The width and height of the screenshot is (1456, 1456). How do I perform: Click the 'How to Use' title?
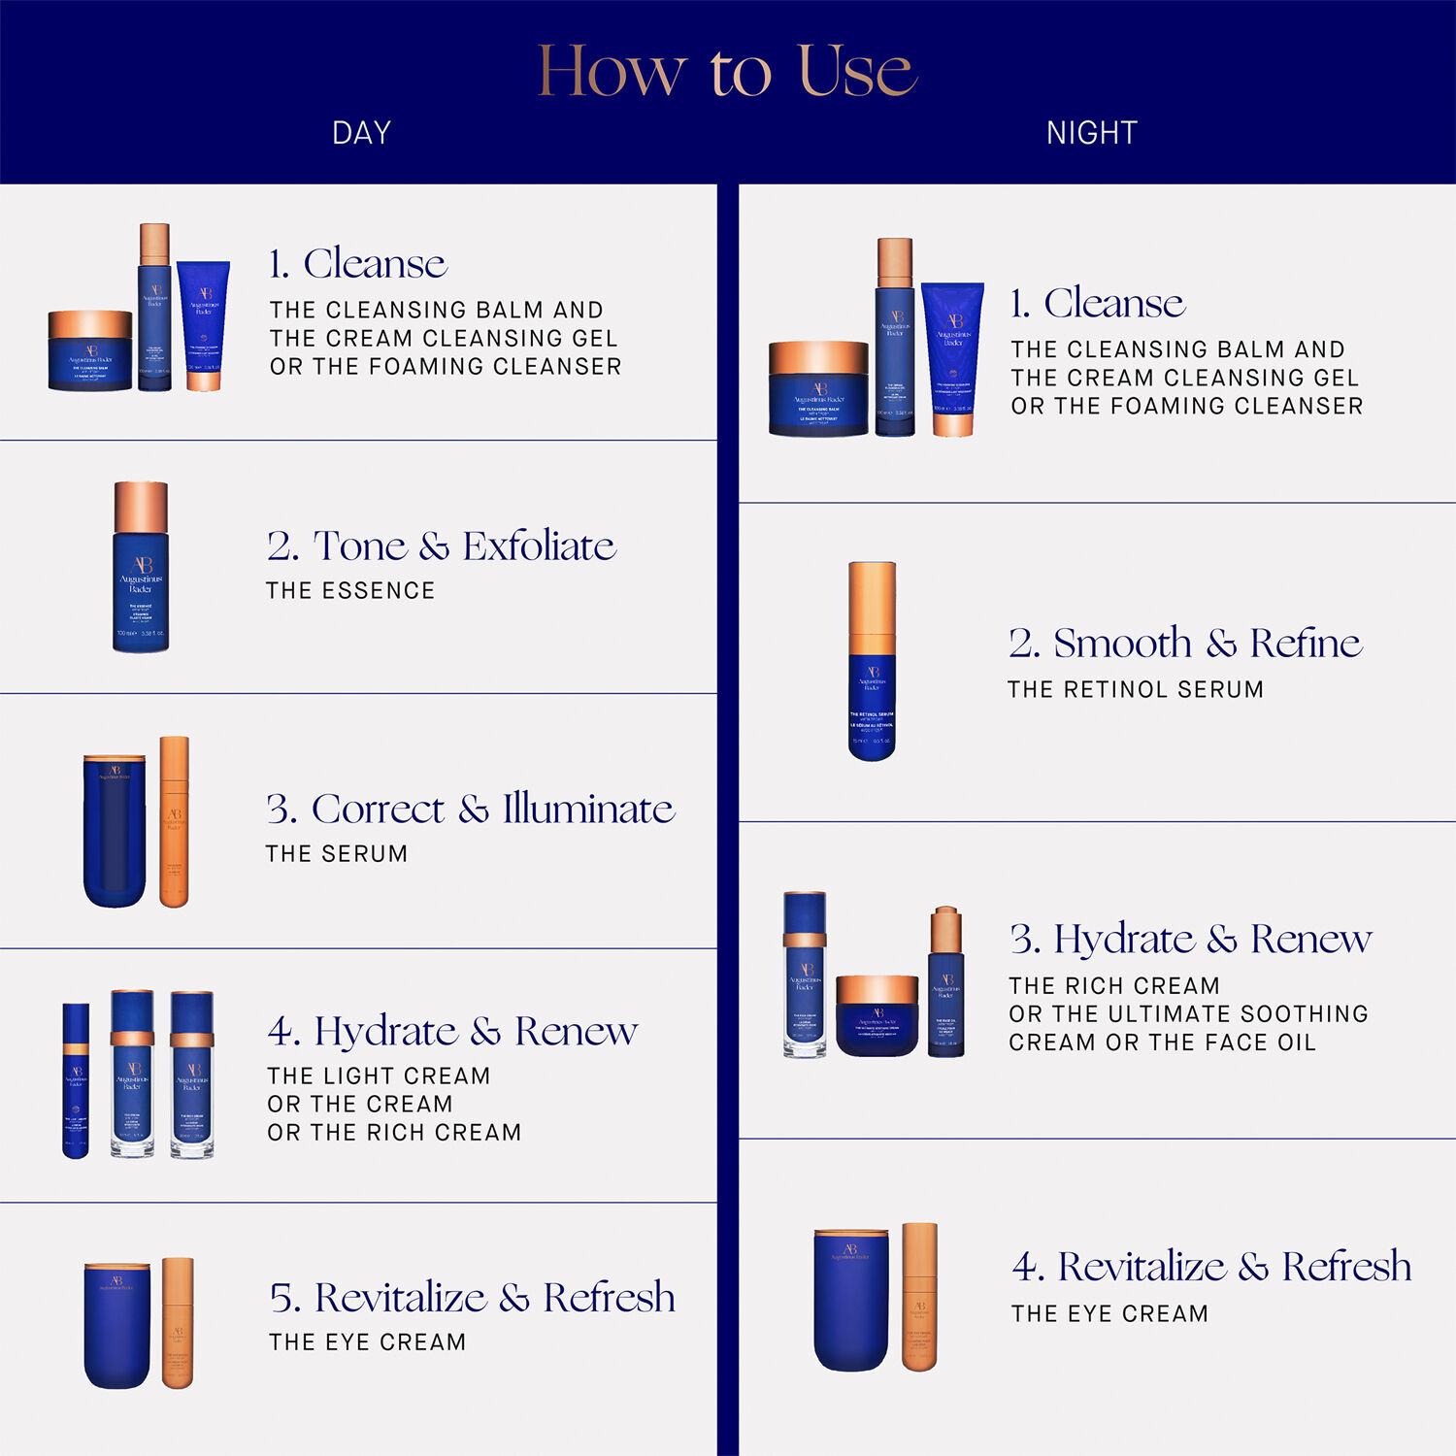[x=727, y=70]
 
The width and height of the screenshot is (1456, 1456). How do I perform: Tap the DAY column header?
[x=361, y=133]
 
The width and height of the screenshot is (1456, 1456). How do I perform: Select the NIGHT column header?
[x=1091, y=133]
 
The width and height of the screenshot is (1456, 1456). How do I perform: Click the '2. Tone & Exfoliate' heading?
[x=442, y=546]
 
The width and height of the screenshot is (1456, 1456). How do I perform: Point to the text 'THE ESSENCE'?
[x=350, y=591]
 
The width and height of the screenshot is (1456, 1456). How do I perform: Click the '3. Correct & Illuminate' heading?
[x=471, y=810]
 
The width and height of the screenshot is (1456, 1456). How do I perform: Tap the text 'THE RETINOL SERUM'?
[x=1135, y=690]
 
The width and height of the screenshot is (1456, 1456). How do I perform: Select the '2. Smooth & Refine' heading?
[x=1185, y=644]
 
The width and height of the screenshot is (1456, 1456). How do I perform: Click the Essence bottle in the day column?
[x=141, y=568]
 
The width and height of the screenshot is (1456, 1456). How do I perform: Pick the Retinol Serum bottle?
[x=872, y=662]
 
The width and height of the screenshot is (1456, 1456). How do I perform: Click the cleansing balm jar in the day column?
[x=90, y=351]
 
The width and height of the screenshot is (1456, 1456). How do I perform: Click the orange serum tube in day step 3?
[x=174, y=822]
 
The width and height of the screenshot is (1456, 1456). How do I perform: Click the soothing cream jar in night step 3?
[x=877, y=1016]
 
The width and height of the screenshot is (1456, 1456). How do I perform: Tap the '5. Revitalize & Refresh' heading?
[x=472, y=1298]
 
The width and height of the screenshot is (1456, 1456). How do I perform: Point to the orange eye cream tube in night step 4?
[x=919, y=1297]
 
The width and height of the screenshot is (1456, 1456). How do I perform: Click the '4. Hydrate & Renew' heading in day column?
[x=452, y=1032]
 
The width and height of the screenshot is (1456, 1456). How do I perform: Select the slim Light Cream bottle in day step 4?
[x=76, y=1080]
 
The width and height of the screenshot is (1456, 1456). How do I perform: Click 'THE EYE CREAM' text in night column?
[x=1109, y=1314]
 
